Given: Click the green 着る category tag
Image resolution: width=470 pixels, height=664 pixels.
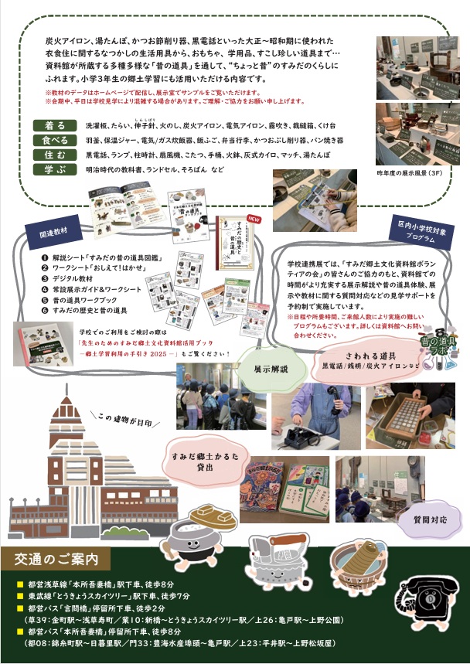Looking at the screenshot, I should pos(55,125).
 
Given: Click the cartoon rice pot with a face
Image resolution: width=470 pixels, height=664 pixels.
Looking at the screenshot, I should pos(192,541).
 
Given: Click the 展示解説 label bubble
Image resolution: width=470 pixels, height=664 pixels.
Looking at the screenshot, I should pos(271,369).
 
